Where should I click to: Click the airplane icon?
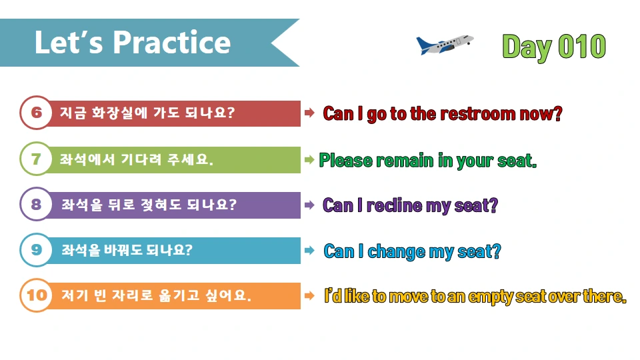point(444,45)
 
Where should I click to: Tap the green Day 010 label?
point(554,46)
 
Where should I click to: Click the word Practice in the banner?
point(172,43)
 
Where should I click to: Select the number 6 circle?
point(36,113)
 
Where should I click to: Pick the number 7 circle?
point(36,159)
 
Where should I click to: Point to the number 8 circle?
point(36,204)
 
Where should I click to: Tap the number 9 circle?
point(36,250)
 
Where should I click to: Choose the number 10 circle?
point(36,295)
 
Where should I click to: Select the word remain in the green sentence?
point(406,161)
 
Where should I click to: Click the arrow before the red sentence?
point(309,113)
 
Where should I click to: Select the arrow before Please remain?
point(309,159)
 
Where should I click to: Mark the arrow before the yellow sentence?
point(309,295)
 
